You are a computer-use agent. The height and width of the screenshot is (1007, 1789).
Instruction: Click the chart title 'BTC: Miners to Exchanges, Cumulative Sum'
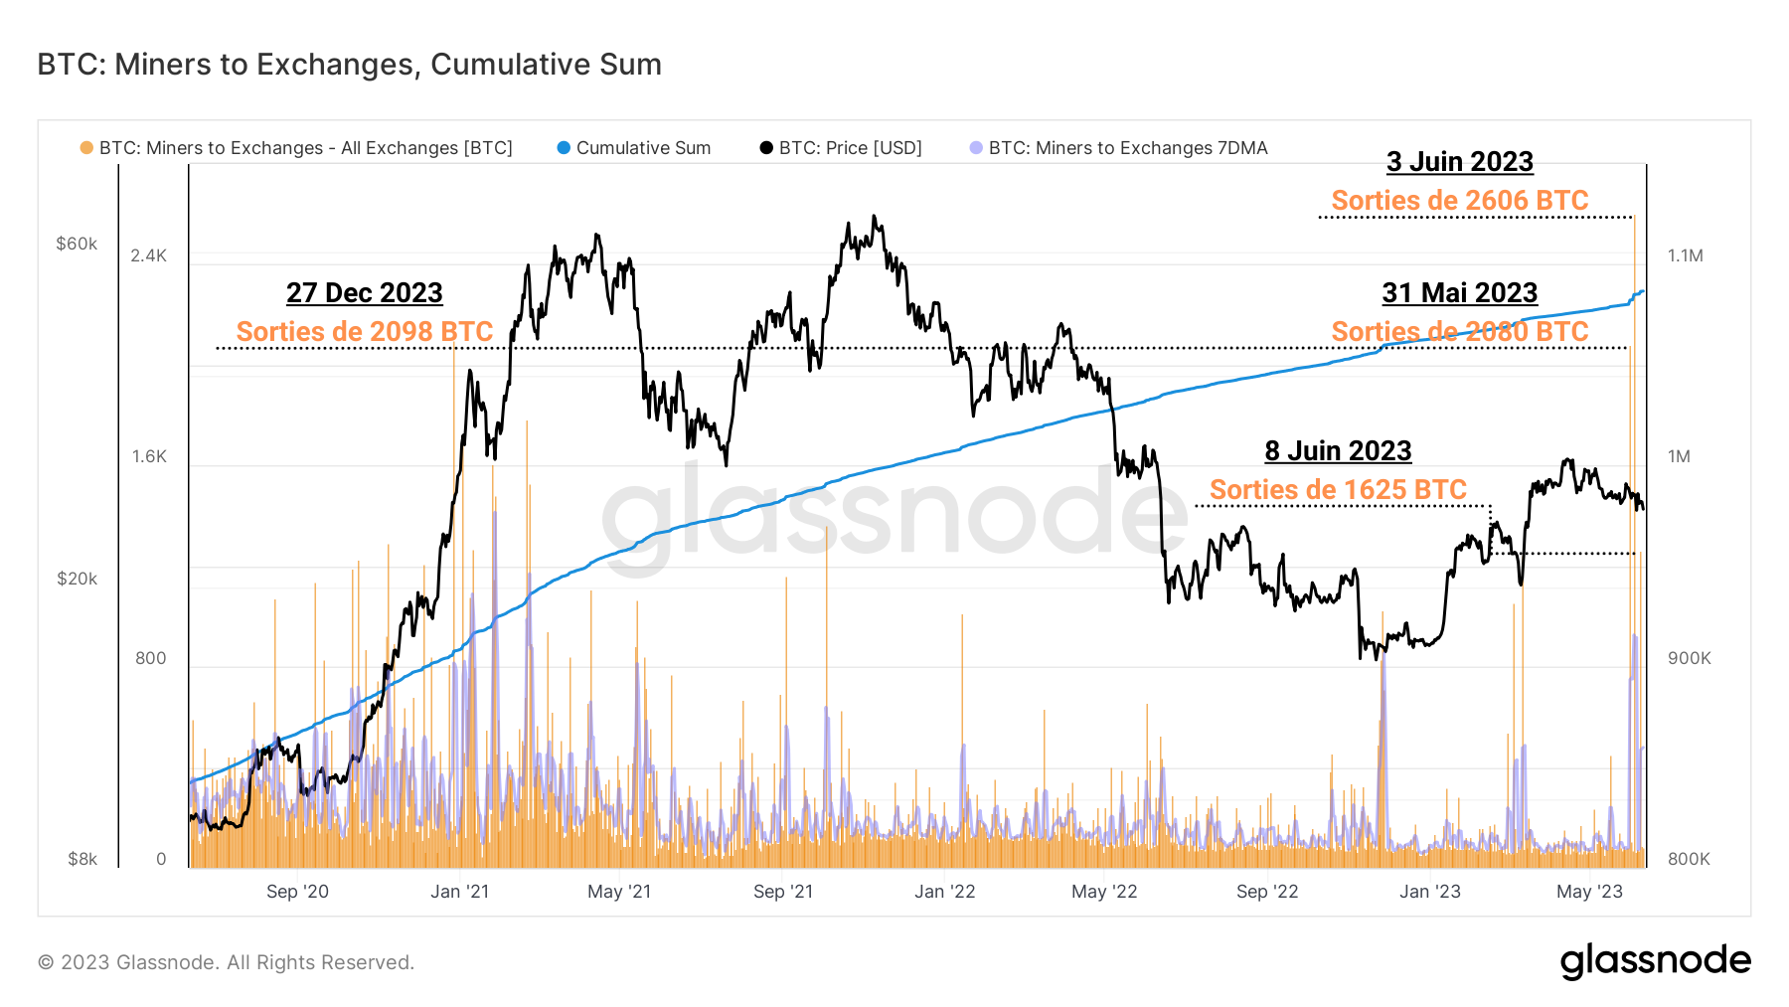(349, 65)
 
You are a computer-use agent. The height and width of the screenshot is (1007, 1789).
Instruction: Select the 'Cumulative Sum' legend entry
(642, 148)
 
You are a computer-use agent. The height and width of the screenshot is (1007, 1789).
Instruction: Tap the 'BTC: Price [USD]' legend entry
(849, 148)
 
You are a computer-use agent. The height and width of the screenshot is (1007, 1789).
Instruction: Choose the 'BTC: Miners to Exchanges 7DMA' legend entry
(1127, 148)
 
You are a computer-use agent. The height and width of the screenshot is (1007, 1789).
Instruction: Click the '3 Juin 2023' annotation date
(1459, 162)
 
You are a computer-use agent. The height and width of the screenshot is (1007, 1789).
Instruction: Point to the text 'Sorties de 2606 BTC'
(1459, 201)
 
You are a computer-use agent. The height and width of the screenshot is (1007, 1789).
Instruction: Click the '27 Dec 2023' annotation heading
(364, 293)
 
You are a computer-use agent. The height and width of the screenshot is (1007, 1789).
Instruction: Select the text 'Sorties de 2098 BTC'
(364, 332)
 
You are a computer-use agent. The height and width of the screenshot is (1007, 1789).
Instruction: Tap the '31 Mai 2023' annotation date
(1459, 293)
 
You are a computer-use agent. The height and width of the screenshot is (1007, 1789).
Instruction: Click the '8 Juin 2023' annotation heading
(1338, 451)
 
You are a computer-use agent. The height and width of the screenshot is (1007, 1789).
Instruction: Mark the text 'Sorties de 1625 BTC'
(1338, 490)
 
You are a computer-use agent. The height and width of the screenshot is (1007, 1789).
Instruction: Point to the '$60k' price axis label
(77, 244)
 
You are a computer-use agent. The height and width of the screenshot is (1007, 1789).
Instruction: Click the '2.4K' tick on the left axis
(149, 255)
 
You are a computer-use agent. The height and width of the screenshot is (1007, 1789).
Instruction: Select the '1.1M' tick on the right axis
(1685, 255)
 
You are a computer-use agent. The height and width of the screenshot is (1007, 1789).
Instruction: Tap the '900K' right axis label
(1689, 658)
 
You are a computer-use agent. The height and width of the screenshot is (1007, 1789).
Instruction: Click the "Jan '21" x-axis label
(459, 892)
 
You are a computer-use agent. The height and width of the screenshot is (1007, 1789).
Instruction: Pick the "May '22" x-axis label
(1104, 892)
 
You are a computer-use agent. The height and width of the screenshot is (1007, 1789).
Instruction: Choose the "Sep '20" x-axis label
(297, 892)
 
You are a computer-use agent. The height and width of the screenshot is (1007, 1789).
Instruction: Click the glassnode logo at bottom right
(1655, 961)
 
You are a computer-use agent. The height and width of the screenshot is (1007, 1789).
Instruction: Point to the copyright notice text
(226, 962)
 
